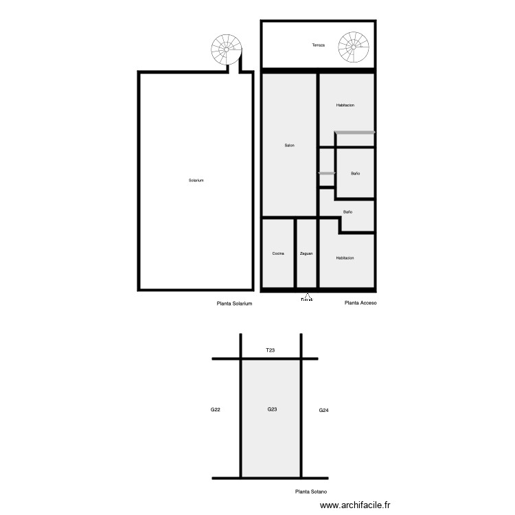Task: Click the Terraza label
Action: click(x=318, y=45)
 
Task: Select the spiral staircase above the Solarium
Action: click(x=227, y=49)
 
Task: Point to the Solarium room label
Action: click(x=196, y=181)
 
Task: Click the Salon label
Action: click(x=290, y=146)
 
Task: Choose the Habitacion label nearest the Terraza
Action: click(x=345, y=105)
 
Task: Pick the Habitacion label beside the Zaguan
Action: click(x=345, y=257)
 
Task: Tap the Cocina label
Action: click(x=278, y=253)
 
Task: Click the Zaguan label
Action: click(x=306, y=253)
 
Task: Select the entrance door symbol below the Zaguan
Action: click(x=307, y=297)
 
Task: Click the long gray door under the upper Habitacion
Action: click(x=354, y=132)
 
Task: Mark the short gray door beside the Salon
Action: click(x=327, y=174)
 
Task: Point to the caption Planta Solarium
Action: click(x=235, y=303)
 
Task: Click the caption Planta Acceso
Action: click(x=360, y=303)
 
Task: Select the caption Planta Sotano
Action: click(x=310, y=492)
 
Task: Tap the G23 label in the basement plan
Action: click(x=272, y=410)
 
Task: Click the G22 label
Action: click(x=216, y=410)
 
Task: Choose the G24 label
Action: click(x=324, y=411)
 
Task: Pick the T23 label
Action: click(x=271, y=350)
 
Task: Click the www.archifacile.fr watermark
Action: click(x=354, y=505)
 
